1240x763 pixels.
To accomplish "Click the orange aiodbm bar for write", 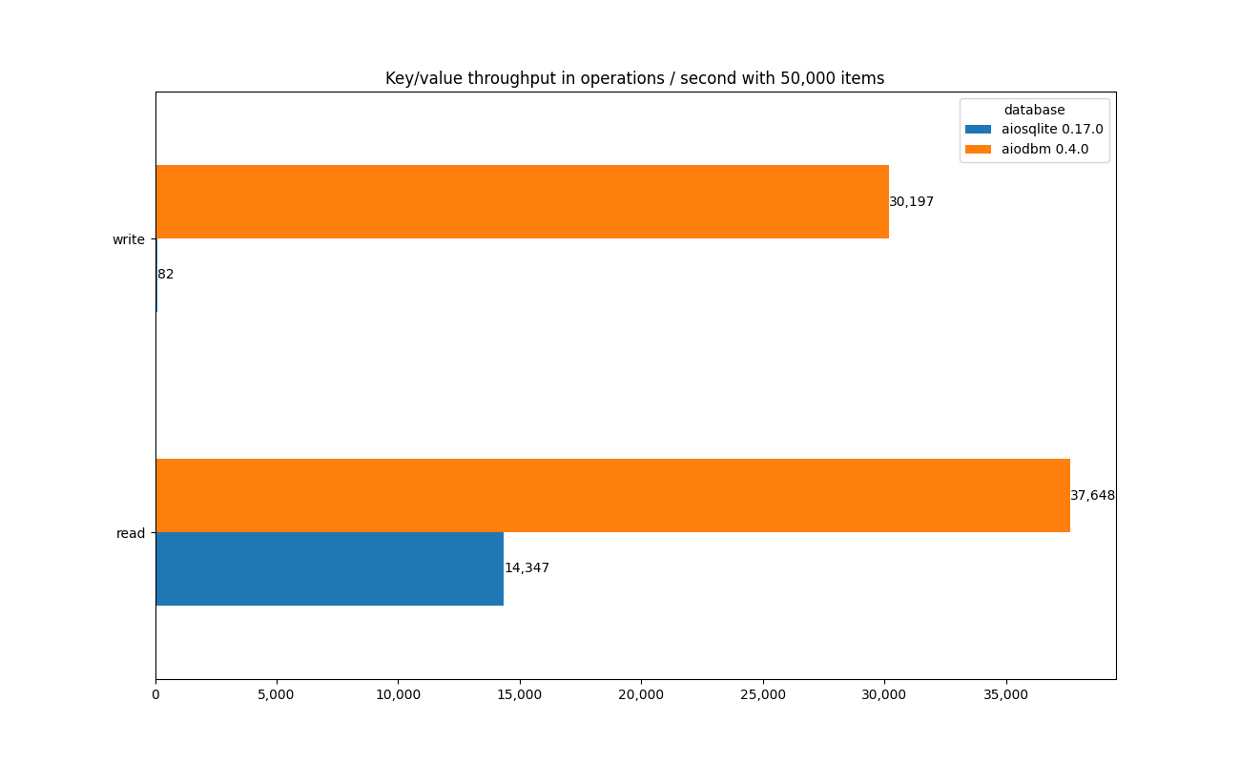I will pyautogui.click(x=522, y=201).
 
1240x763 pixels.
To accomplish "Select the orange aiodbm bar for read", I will pyautogui.click(x=612, y=495).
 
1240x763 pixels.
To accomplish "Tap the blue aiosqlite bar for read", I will pyautogui.click(x=329, y=568).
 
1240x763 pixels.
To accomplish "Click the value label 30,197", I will pyautogui.click(x=911, y=202).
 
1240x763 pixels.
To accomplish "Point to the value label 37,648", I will pyautogui.click(x=1092, y=496).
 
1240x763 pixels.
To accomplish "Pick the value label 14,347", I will pyautogui.click(x=527, y=568).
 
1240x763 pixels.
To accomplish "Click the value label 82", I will pyautogui.click(x=166, y=275).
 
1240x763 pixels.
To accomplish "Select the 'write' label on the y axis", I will pyautogui.click(x=129, y=239).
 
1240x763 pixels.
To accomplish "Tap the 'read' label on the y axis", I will pyautogui.click(x=131, y=533).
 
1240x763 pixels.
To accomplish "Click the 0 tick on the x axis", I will pyautogui.click(x=155, y=695).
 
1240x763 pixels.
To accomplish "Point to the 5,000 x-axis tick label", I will pyautogui.click(x=277, y=695).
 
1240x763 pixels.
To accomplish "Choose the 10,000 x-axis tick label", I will pyautogui.click(x=398, y=695).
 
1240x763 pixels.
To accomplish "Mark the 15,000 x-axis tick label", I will pyautogui.click(x=520, y=695).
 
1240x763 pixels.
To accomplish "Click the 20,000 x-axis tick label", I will pyautogui.click(x=641, y=695).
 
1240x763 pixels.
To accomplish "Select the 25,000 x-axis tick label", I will pyautogui.click(x=763, y=695).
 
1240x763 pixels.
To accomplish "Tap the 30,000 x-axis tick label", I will pyautogui.click(x=884, y=695).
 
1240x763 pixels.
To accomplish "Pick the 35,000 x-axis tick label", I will pyautogui.click(x=1005, y=695).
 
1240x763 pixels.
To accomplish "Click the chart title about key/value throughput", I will pyautogui.click(x=634, y=78).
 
